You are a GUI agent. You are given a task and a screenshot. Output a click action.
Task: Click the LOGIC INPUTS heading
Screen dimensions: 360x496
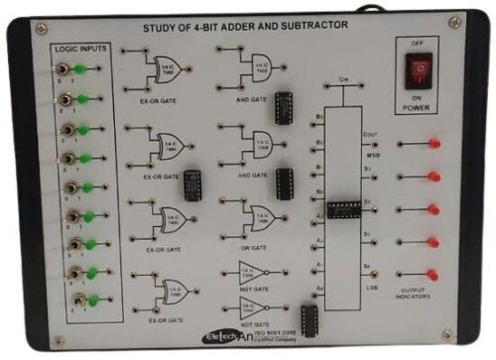[83, 48]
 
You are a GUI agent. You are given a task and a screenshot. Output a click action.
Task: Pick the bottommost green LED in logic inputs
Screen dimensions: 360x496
[93, 300]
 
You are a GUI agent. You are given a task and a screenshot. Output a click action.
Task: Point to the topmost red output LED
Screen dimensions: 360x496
[434, 144]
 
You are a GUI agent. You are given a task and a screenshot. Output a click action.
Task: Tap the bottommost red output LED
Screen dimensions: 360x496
[434, 269]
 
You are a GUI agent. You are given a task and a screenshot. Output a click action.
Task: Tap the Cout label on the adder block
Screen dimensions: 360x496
[370, 135]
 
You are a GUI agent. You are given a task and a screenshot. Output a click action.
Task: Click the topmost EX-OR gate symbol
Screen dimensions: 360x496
[162, 68]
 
